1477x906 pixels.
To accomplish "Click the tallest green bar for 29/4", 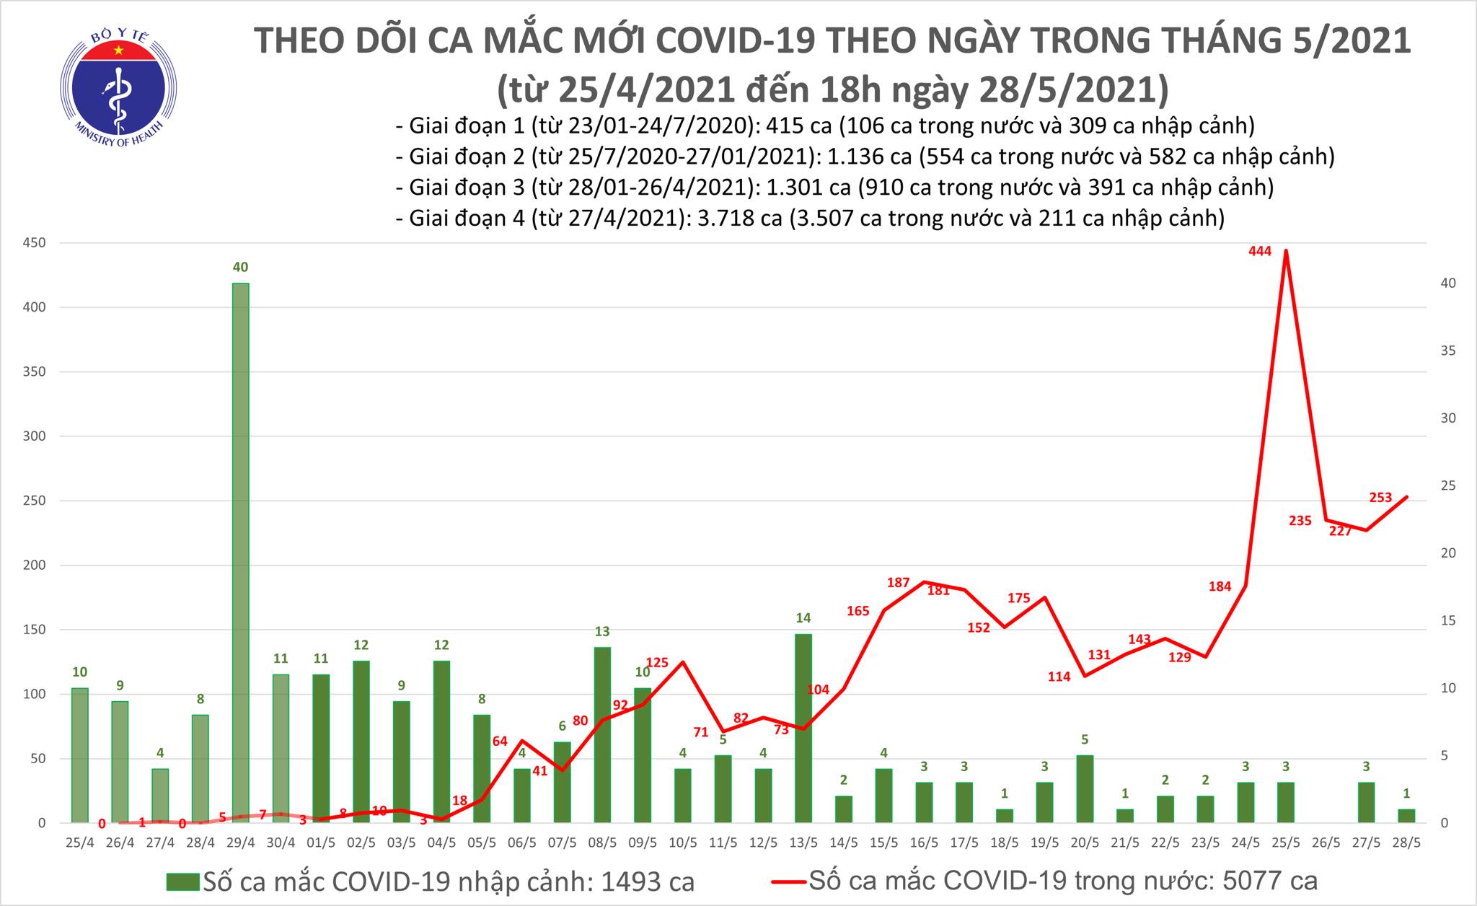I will point(240,552).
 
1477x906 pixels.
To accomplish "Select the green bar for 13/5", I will point(803,728).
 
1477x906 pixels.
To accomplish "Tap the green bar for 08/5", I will point(602,734).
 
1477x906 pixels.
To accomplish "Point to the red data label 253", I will point(1380,497).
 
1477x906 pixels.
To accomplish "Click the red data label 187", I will point(899,582).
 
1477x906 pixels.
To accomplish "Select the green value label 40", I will point(240,268).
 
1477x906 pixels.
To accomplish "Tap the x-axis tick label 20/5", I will point(1085,842).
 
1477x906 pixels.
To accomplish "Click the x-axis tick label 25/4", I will point(79,842).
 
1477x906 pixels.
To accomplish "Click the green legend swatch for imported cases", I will point(182,881).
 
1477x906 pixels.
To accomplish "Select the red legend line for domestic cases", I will point(788,881).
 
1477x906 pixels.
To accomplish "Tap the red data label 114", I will point(1059,677).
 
